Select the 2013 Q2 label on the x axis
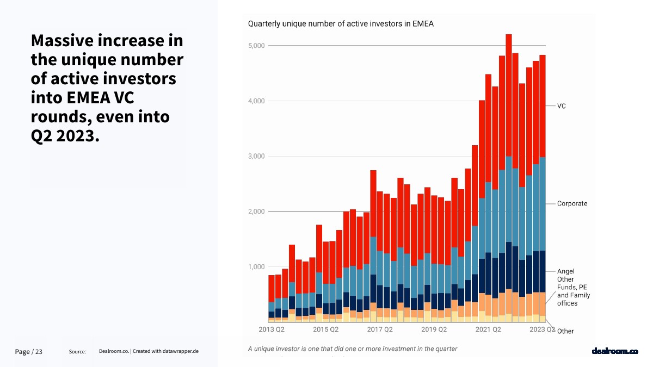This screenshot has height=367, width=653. (x=272, y=329)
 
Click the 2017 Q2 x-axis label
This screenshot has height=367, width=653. (x=380, y=329)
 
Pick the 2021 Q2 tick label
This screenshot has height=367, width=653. (x=488, y=329)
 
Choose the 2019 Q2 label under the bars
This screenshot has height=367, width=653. (x=434, y=329)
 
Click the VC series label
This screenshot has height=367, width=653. (x=562, y=106)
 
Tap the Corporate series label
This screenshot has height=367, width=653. (x=572, y=204)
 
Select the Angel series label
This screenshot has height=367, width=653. (x=565, y=271)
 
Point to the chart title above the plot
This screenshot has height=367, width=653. (x=341, y=24)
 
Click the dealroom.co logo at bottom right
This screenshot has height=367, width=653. (x=614, y=351)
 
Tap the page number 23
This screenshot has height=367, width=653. (x=39, y=352)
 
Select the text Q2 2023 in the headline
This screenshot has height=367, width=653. (x=65, y=136)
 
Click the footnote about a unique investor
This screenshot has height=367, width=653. (x=353, y=349)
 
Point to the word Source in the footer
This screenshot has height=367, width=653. (x=77, y=352)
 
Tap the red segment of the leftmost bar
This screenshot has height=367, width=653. (x=272, y=288)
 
